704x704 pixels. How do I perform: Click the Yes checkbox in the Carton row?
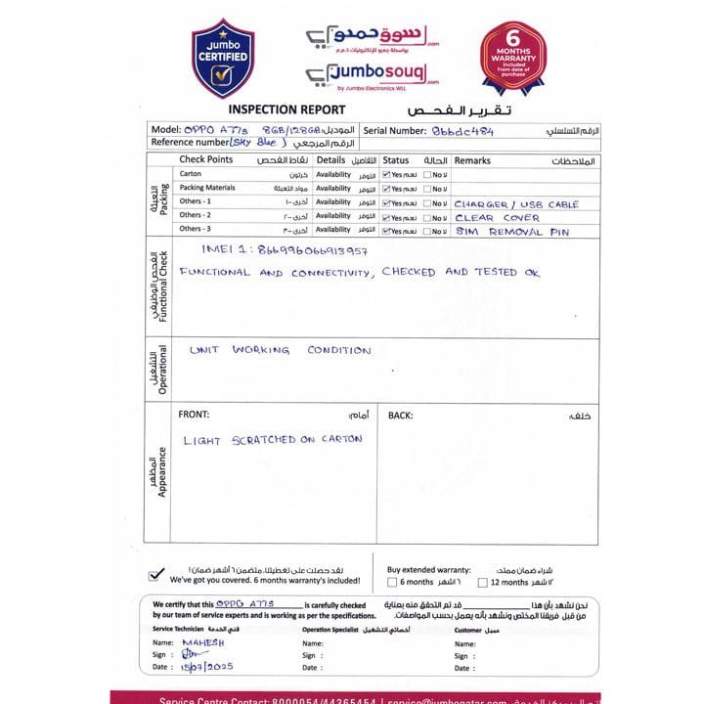[386, 174]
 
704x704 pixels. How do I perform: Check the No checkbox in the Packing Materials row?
[428, 189]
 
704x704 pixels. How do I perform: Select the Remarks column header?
[472, 159]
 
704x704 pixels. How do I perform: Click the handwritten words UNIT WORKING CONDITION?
[281, 350]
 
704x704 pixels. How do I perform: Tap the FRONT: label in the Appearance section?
[194, 416]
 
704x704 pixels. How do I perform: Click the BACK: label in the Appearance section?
[400, 416]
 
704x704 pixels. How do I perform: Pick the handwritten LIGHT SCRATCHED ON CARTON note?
[272, 440]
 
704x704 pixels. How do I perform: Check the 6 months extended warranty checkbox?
[392, 582]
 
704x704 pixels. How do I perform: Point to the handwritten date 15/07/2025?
[207, 667]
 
